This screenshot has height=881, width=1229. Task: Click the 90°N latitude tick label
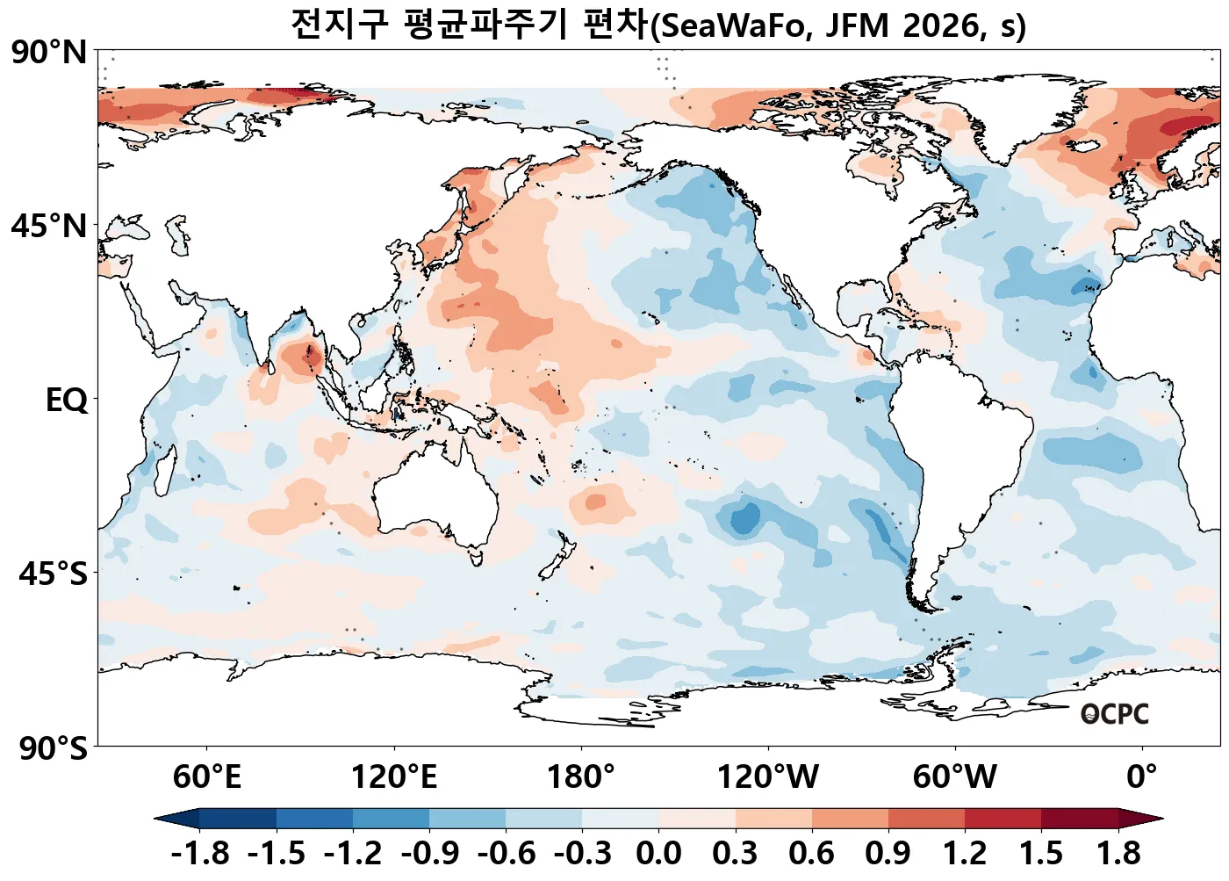pos(49,53)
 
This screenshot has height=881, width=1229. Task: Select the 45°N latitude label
pos(49,227)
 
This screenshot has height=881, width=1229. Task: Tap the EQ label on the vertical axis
pos(67,401)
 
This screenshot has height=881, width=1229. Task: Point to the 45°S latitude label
pos(53,574)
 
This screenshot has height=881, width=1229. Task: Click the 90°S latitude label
pos(53,748)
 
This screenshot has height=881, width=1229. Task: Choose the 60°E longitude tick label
pos(206,777)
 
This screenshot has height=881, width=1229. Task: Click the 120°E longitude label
pos(393,777)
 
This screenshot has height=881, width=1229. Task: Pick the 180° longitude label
pos(581,777)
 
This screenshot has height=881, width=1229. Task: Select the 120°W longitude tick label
pos(768,777)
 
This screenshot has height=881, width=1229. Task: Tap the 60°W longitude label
pos(955,777)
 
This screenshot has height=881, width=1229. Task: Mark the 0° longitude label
pos(1142,777)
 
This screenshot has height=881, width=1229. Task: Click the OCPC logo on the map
pos(1114,714)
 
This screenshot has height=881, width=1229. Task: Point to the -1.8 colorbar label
pos(200,853)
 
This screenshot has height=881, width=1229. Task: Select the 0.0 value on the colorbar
pos(658,853)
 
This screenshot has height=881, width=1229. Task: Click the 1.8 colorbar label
pos(1118,853)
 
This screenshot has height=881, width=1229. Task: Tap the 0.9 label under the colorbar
pos(888,853)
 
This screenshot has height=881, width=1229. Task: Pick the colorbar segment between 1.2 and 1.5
pos(1003,820)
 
